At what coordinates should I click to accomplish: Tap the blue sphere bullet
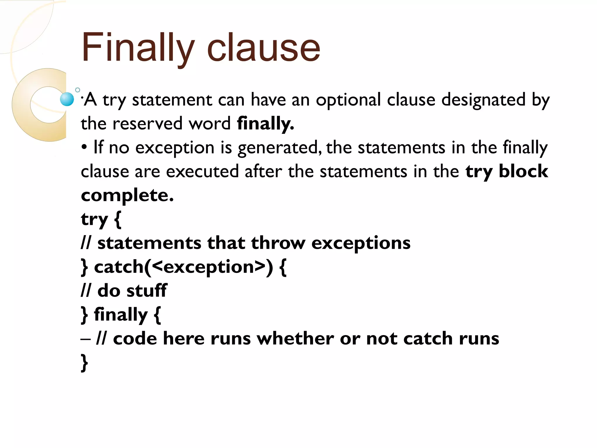pyautogui.click(x=67, y=99)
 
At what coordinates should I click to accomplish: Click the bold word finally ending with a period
pyautogui.click(x=265, y=124)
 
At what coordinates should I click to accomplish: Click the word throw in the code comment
pyautogui.click(x=278, y=243)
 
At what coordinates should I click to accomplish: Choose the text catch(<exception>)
pyautogui.click(x=184, y=267)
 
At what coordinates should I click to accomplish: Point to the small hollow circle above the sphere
pyautogui.click(x=78, y=90)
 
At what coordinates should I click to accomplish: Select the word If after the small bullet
pyautogui.click(x=98, y=147)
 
